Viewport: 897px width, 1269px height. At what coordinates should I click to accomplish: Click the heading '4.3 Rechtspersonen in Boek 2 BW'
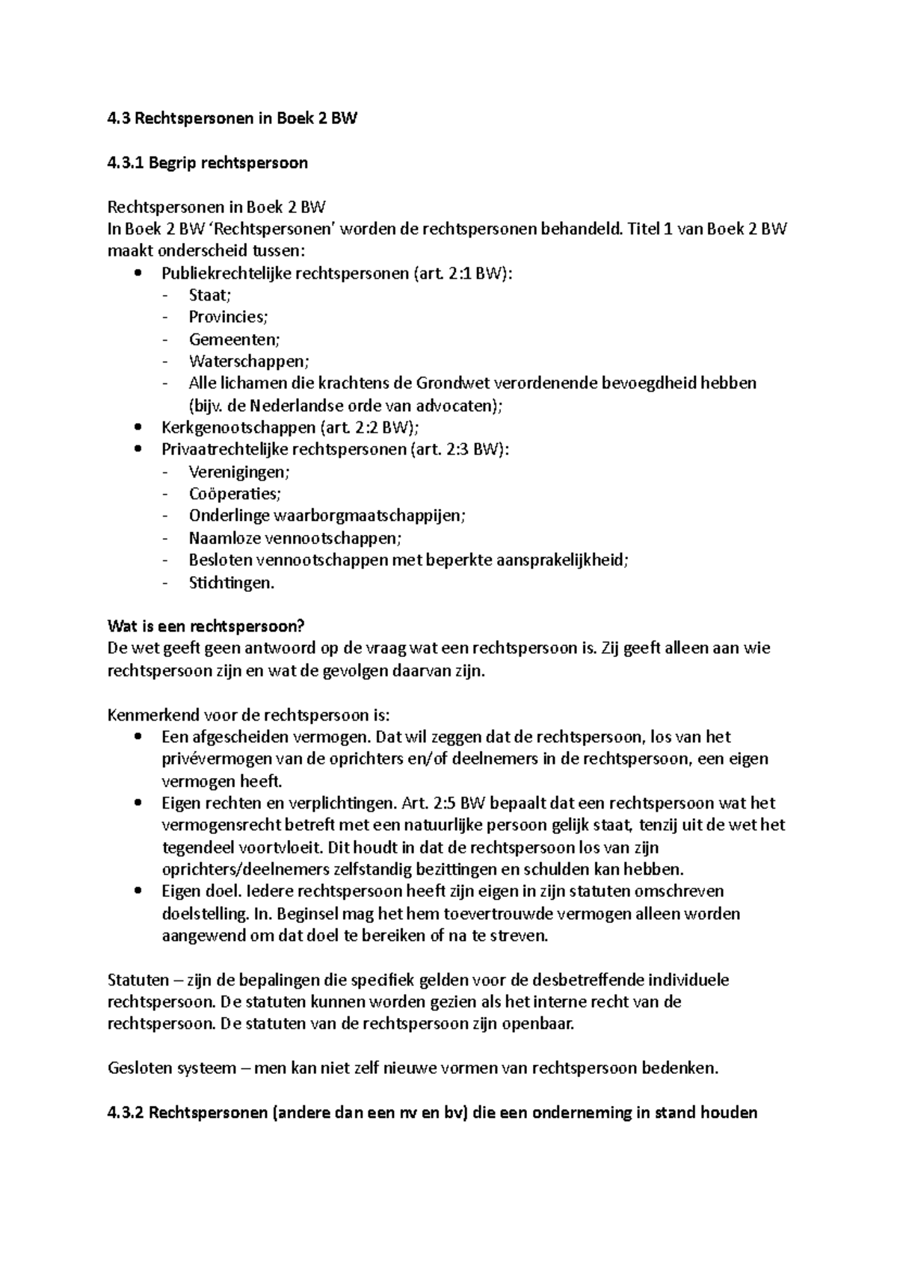click(232, 119)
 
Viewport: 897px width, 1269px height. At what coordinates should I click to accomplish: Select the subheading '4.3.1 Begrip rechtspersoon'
click(208, 163)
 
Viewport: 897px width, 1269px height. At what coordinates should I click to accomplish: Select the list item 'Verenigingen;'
click(239, 472)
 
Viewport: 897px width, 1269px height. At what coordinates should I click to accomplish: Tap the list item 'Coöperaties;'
click(235, 494)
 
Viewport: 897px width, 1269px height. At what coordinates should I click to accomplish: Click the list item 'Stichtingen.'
click(232, 583)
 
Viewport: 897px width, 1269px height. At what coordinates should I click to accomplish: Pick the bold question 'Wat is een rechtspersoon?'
click(207, 626)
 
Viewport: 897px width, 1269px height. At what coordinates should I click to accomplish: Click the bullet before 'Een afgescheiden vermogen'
click(137, 737)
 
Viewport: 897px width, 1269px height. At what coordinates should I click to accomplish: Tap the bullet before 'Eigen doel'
click(137, 892)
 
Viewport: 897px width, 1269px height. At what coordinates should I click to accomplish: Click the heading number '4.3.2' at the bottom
click(126, 1113)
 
